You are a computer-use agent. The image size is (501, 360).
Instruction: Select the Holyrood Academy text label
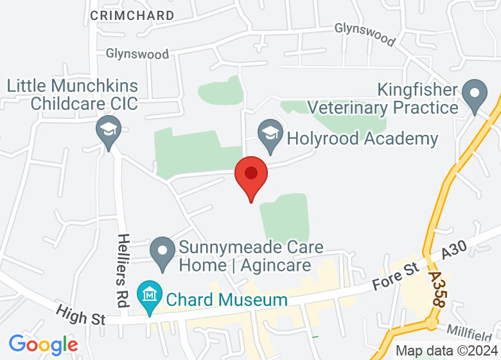[362, 138]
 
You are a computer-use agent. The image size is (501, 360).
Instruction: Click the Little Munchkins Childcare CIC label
[72, 94]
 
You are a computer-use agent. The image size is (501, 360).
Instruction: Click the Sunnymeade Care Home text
[251, 256]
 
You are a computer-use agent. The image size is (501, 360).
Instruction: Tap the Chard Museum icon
[150, 294]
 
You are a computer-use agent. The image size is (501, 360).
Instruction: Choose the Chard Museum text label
[227, 300]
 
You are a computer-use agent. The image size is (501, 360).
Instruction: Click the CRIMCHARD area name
[132, 15]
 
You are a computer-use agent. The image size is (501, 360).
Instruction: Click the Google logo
[43, 345]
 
